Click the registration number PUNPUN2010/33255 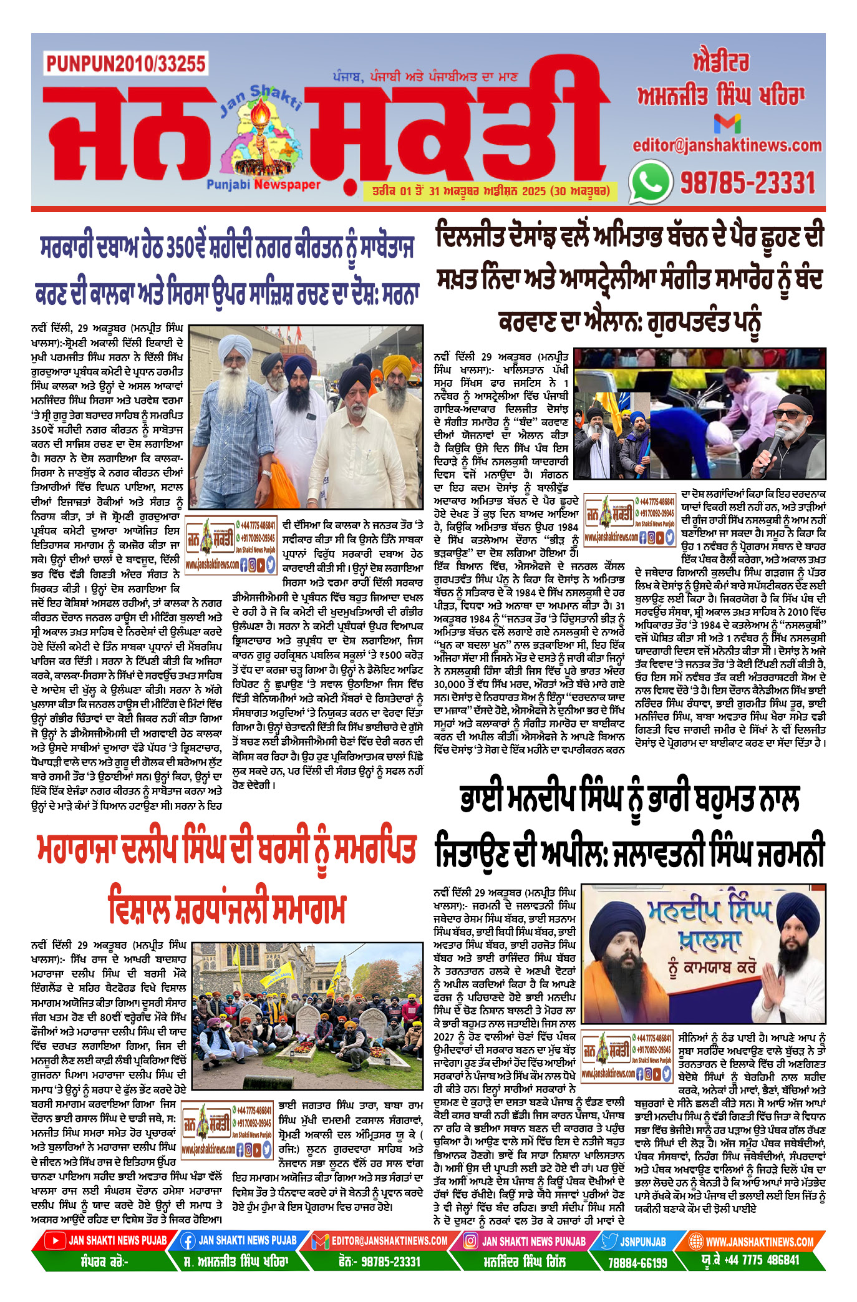[125, 64]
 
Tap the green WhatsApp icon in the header [650, 182]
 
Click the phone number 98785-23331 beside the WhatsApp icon [747, 183]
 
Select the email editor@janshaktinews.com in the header [727, 145]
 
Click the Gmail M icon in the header [727, 124]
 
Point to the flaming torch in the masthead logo [258, 119]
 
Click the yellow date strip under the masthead [487, 191]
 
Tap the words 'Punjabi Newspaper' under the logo [263, 185]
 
